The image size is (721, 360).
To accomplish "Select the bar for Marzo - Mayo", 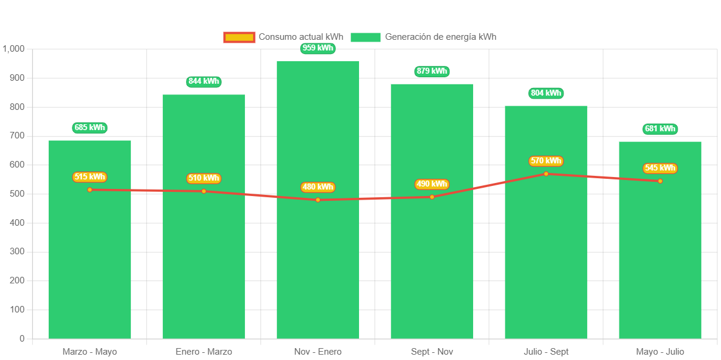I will [90, 267].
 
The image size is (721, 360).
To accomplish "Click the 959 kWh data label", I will [318, 48].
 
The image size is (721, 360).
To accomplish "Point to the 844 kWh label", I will [204, 81].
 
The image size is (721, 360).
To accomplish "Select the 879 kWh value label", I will [432, 71].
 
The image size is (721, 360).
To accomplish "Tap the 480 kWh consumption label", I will [318, 187].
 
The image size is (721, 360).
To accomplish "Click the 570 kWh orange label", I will [546, 161].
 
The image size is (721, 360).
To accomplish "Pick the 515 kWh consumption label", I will [90, 177].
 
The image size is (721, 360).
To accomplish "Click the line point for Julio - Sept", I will [546, 173].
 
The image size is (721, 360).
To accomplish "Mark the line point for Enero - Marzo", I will [204, 191].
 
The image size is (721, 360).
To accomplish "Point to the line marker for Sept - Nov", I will [432, 197].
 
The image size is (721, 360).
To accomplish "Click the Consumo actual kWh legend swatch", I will [239, 37].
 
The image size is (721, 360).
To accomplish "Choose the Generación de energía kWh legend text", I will [440, 37].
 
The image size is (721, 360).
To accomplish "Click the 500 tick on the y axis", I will [17, 194].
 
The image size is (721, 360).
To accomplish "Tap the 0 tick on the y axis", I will [22, 339].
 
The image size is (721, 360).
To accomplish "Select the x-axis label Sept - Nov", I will [432, 352].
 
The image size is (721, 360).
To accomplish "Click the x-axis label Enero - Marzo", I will [204, 352].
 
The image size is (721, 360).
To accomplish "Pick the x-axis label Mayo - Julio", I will [660, 352].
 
